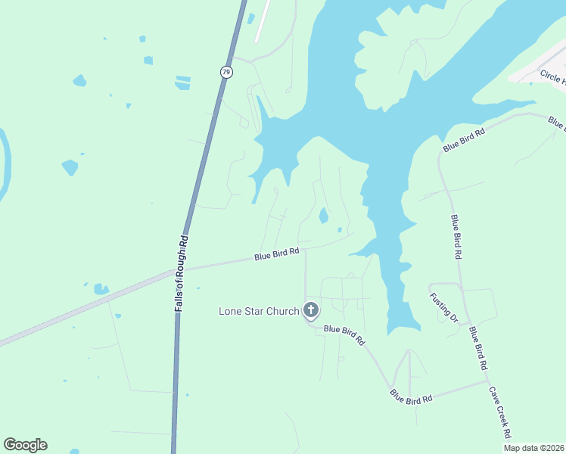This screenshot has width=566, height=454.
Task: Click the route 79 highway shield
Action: pos(226,72)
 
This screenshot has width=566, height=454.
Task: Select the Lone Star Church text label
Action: pos(259,310)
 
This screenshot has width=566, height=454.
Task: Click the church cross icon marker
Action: pos(310,309)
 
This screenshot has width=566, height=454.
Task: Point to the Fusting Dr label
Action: pos(443,308)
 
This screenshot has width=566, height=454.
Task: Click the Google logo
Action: pos(25,445)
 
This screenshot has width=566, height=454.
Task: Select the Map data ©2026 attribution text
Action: pos(533,448)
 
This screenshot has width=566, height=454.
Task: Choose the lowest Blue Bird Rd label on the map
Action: pos(411,396)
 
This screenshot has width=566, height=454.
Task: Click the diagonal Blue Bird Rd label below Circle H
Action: pos(464,140)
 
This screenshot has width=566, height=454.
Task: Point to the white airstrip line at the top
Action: pos(263,21)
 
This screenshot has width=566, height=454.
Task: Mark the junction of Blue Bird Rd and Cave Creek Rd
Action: pos(487,381)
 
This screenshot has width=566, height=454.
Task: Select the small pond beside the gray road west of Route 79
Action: pos(101,289)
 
